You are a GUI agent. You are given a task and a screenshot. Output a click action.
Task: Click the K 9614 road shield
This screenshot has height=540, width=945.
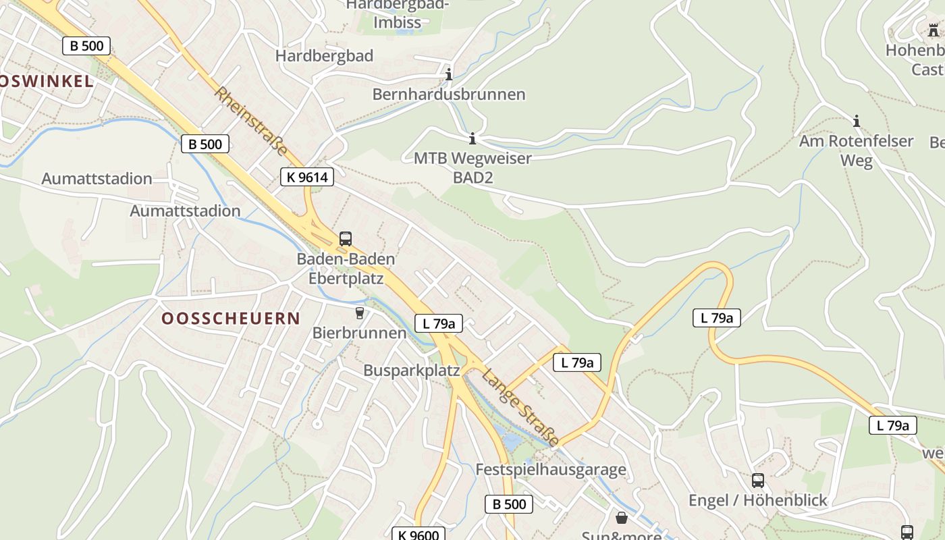point(307,178)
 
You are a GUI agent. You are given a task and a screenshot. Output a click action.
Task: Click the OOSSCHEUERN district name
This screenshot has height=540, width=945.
point(231,319)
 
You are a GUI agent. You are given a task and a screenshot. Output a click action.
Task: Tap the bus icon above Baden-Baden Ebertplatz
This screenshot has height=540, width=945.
point(346,238)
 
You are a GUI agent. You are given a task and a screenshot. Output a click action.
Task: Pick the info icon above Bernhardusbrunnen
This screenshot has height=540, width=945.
point(449,74)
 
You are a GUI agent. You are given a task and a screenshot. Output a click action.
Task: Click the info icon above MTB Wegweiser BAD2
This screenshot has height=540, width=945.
point(473,138)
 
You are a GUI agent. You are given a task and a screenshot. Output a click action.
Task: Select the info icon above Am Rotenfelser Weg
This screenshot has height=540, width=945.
point(857,122)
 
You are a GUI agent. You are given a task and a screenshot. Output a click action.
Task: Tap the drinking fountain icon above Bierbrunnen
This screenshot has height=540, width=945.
point(359,313)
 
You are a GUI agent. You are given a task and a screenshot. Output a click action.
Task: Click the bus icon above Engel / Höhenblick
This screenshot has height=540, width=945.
point(758,481)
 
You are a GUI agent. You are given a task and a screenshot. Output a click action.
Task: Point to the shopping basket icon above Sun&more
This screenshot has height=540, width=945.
point(622,518)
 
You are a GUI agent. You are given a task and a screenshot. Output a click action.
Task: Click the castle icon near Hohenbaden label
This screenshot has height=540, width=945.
point(934,30)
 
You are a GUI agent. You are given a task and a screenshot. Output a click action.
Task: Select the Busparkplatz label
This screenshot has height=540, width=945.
point(412,371)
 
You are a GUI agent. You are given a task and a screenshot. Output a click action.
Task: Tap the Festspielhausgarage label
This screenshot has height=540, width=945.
point(551,470)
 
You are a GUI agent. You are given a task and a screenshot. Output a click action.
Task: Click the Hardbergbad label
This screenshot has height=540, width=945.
point(324,56)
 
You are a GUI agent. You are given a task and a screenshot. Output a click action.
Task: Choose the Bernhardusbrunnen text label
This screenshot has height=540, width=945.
point(449,94)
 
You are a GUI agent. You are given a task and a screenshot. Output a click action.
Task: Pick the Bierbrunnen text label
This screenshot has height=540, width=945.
point(359,333)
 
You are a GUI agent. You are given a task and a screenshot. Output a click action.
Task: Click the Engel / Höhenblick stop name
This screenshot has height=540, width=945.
point(758,501)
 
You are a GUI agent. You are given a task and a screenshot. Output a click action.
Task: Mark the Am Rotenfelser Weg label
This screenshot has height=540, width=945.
point(857,151)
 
